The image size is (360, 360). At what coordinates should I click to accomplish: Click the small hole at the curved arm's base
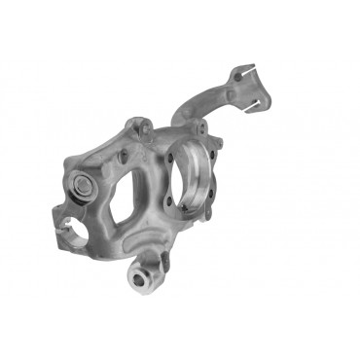(184, 129)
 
